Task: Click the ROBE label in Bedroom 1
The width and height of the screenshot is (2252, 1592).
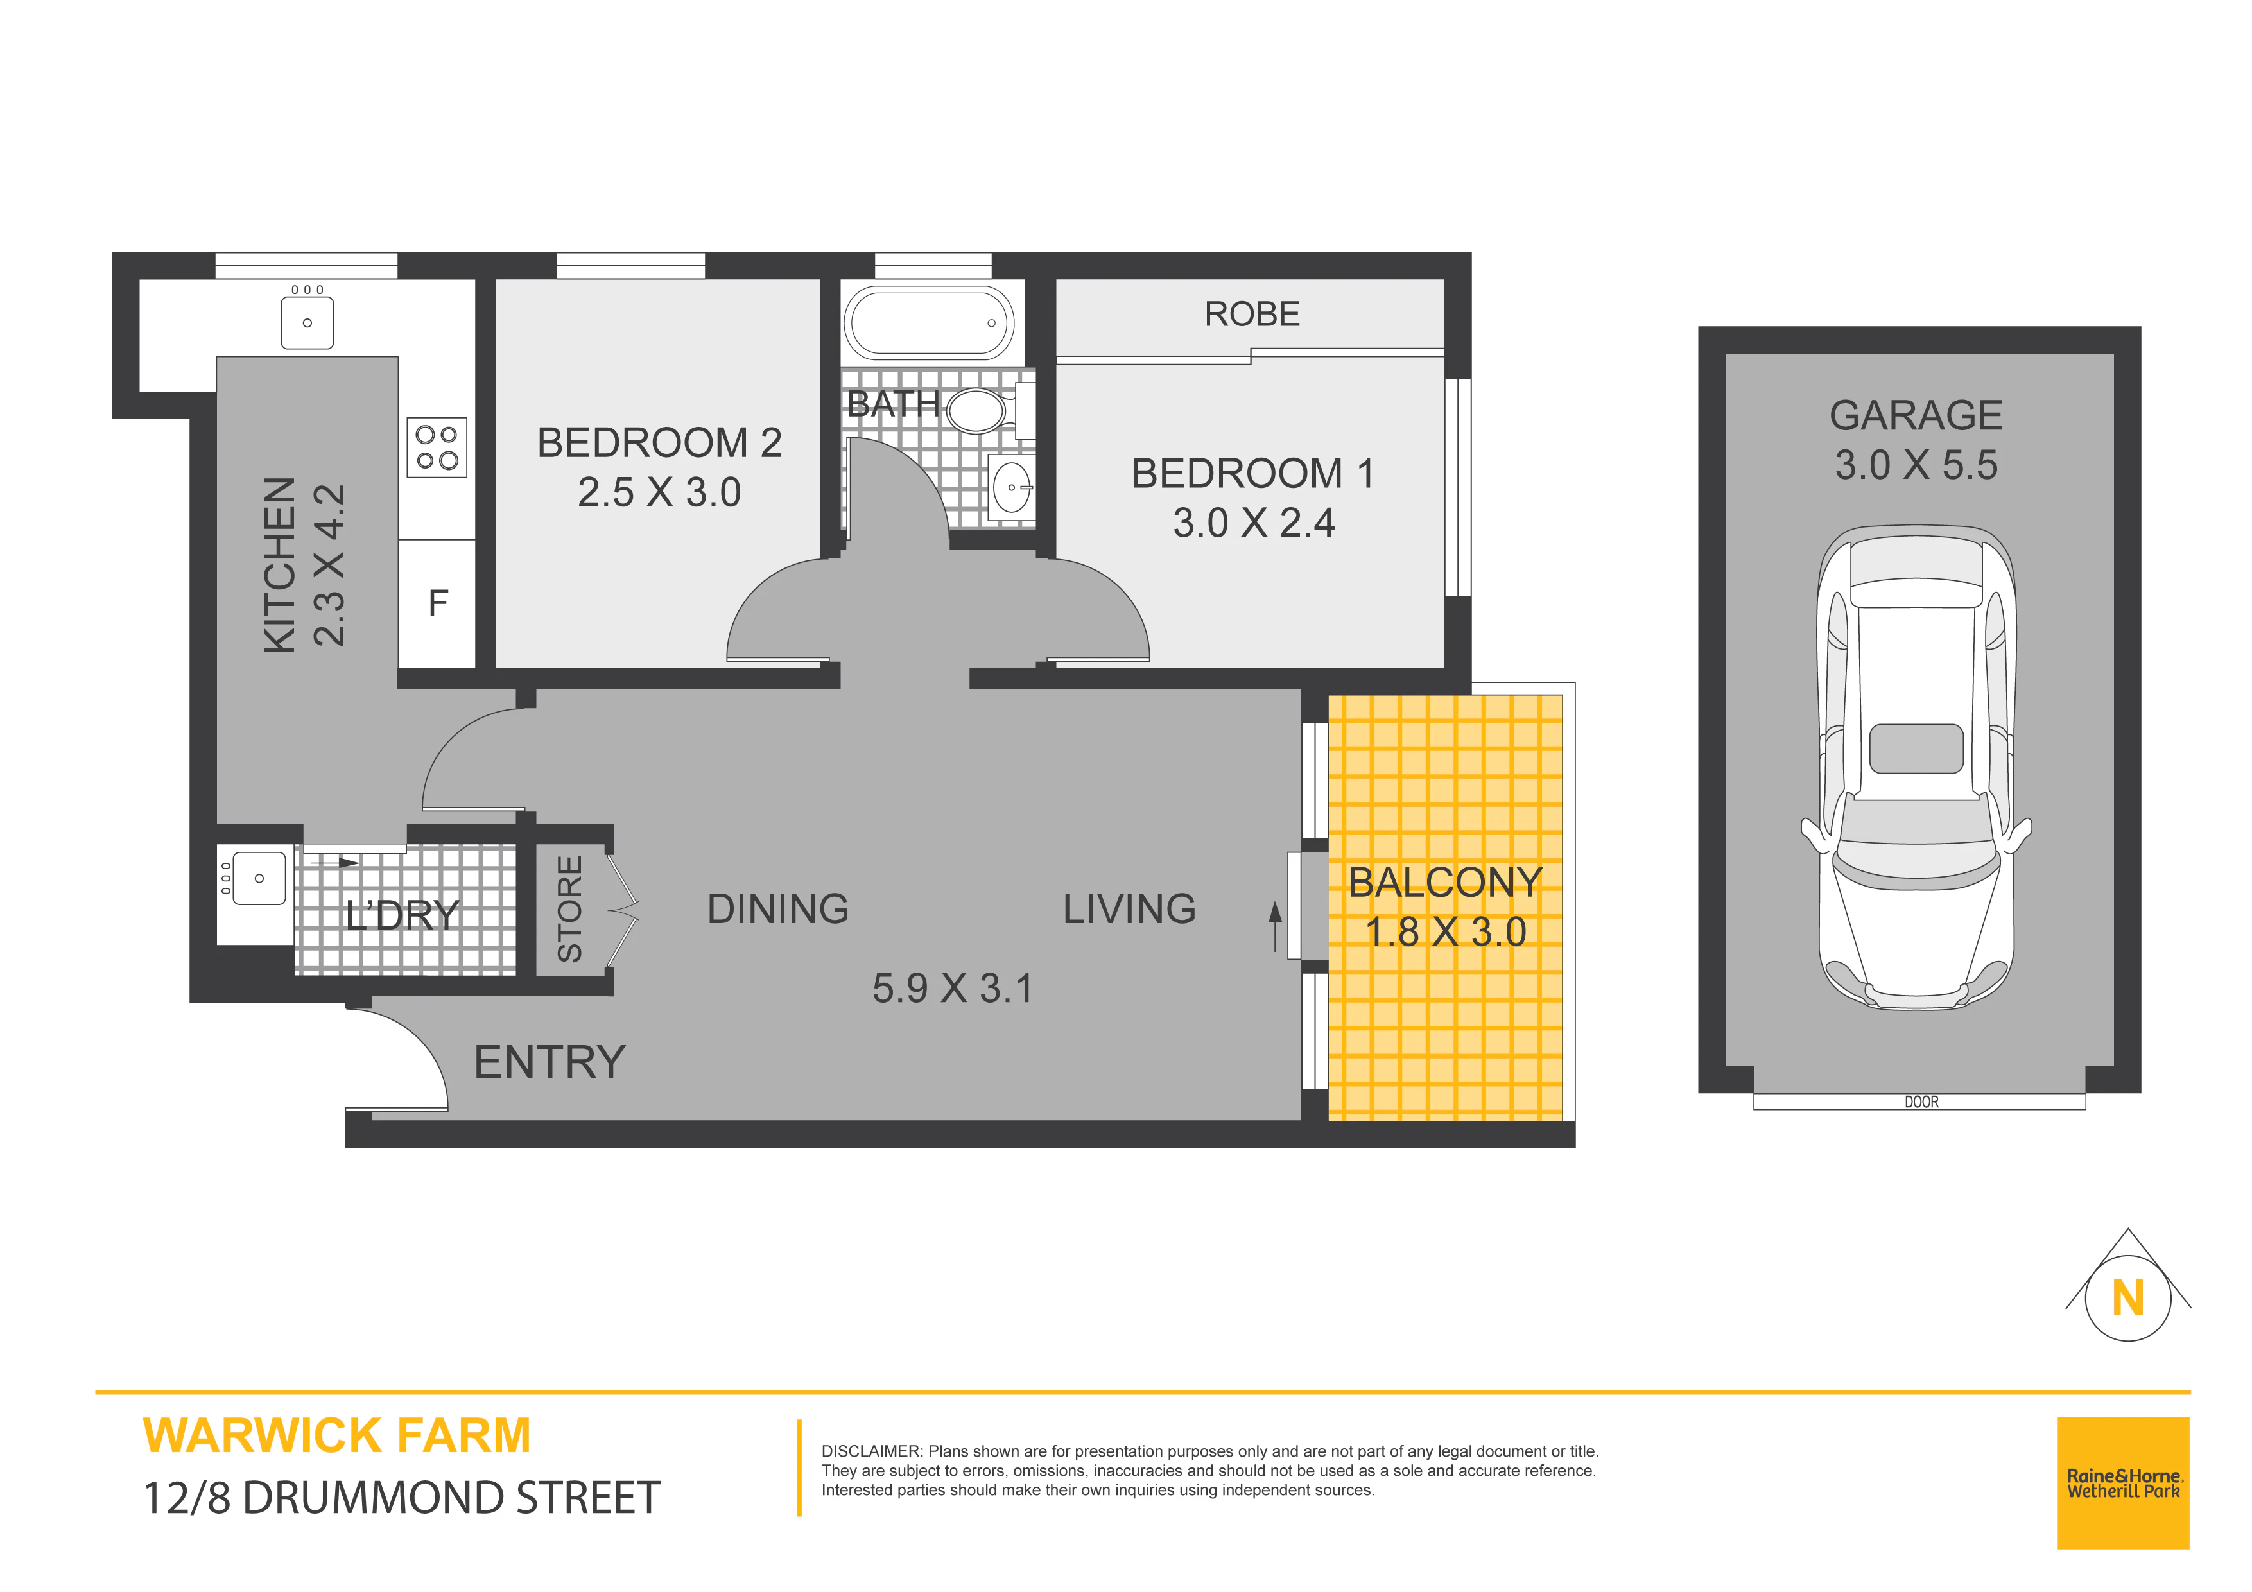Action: (1252, 314)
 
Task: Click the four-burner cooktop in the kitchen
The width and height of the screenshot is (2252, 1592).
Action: (437, 447)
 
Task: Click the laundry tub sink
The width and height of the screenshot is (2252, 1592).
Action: (259, 878)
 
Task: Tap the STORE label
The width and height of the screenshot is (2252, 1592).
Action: (569, 908)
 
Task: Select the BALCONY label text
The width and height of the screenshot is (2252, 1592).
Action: (1445, 882)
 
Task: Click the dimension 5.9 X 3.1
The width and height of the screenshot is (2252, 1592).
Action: (953, 988)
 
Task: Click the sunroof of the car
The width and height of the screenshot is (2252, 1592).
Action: (1916, 749)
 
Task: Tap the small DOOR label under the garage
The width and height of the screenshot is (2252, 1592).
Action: (1921, 1103)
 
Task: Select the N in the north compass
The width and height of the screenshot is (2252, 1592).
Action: (2127, 1298)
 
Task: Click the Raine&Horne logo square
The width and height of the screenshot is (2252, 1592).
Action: (2122, 1483)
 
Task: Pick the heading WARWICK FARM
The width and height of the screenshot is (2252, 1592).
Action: (336, 1435)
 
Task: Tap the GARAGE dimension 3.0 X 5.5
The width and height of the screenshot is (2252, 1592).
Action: (1916, 465)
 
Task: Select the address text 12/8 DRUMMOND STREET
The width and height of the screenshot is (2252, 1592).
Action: (402, 1498)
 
